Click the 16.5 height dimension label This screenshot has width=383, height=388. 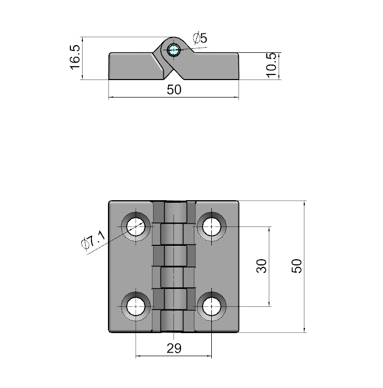click(75, 57)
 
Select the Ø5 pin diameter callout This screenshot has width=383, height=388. click(200, 38)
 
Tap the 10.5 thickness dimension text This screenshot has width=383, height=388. click(271, 65)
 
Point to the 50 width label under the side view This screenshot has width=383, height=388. click(174, 90)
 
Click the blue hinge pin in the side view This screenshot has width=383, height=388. click(174, 50)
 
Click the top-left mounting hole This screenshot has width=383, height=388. click(136, 226)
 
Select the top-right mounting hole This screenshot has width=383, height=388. click(211, 226)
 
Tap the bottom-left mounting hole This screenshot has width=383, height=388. click(136, 306)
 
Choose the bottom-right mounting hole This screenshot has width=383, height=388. click(211, 306)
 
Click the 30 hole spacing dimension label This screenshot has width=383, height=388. click(261, 266)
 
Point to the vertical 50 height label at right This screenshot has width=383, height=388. click(297, 266)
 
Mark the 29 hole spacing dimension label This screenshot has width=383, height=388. click(174, 348)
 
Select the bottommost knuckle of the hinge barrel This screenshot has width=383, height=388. click(172, 321)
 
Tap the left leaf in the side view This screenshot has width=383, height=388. click(136, 66)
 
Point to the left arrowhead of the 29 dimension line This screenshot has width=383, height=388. click(138, 356)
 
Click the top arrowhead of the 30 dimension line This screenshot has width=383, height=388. click(269, 229)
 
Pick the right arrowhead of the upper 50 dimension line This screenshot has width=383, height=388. click(236, 97)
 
